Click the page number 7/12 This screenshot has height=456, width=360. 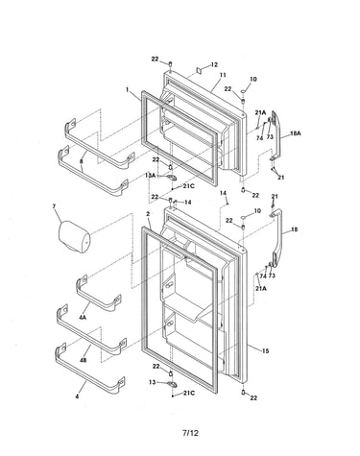[x=190, y=433]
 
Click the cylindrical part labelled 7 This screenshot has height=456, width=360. [x=74, y=236]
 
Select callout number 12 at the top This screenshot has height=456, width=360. [x=214, y=64]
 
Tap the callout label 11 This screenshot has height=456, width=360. [x=223, y=75]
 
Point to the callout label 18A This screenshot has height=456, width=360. [x=296, y=133]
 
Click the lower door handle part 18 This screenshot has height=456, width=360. [x=276, y=237]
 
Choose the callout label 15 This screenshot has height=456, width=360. [x=265, y=351]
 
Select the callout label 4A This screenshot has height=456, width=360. [x=83, y=318]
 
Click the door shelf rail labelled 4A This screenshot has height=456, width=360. [x=98, y=295]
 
